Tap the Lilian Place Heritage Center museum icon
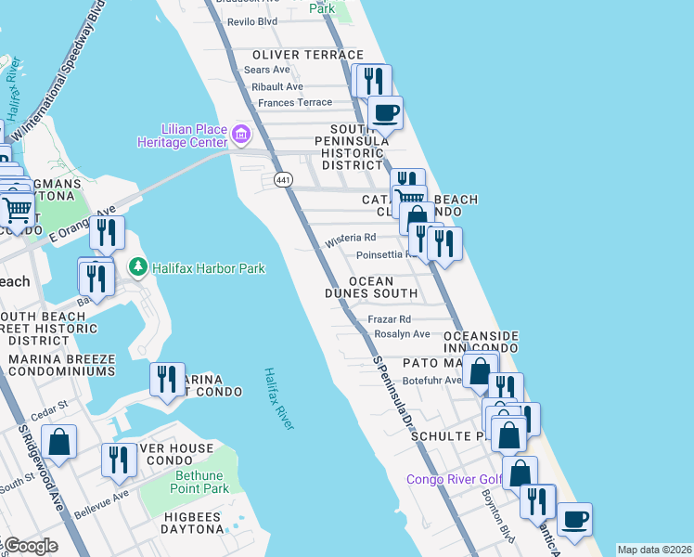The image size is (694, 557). [x=241, y=136]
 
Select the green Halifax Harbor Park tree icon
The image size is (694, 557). [x=138, y=268]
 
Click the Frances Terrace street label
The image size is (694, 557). [x=294, y=102]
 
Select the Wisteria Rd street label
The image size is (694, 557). [x=350, y=240]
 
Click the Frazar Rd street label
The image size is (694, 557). [x=389, y=318]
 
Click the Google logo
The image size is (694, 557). [x=30, y=546]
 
